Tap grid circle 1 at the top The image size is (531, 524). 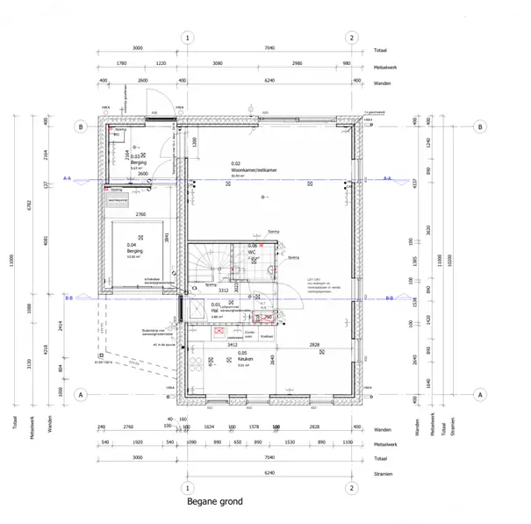[187, 38]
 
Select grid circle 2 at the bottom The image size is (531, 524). [352, 487]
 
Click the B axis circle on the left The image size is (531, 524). [80, 127]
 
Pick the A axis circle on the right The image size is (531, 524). [480, 396]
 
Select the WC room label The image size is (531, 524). [252, 251]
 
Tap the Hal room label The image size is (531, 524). [215, 310]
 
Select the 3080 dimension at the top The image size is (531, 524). [218, 65]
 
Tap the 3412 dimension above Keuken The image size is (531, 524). [233, 345]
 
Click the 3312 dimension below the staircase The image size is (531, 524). [223, 289]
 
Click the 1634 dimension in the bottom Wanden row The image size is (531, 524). [209, 429]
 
